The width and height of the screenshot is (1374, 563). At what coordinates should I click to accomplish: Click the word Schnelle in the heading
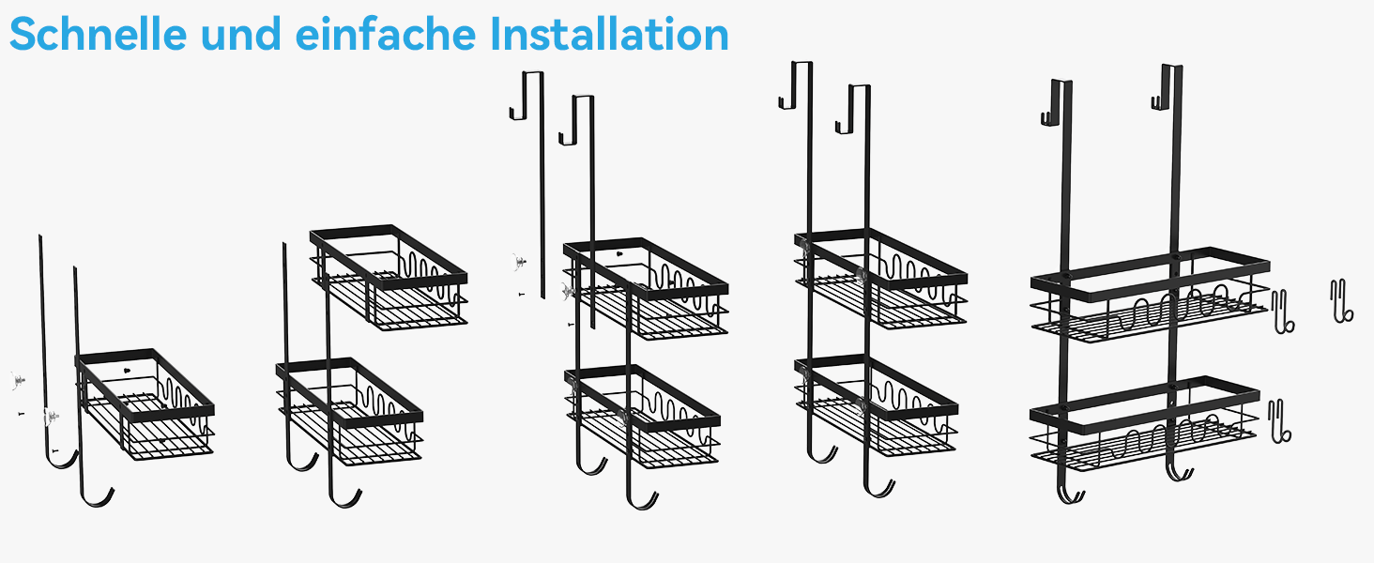click(x=99, y=34)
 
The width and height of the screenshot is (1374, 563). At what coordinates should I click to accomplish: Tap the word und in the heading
click(x=241, y=34)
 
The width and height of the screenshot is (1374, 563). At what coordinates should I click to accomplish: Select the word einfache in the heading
click(x=386, y=34)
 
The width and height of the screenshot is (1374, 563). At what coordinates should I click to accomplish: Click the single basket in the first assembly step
click(x=145, y=404)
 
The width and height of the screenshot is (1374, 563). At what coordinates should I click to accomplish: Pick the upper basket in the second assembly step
click(x=389, y=278)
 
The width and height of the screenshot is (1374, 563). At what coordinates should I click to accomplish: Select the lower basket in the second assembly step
click(x=350, y=412)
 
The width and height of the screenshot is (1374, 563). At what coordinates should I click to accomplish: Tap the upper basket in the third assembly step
click(x=646, y=288)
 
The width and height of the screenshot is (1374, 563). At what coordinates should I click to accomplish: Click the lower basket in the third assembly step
click(x=642, y=417)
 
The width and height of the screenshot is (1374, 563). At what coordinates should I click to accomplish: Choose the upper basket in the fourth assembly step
click(x=881, y=280)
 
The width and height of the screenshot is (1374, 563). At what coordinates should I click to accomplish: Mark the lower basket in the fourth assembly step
click(x=877, y=406)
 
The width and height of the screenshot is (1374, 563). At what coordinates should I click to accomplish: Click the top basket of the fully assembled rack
click(x=1150, y=295)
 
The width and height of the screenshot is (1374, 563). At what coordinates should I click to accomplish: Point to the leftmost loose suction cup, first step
click(x=17, y=381)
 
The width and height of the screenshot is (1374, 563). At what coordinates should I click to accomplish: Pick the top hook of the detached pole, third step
click(x=527, y=95)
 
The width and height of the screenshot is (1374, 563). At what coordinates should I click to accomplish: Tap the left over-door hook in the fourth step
click(x=796, y=85)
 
